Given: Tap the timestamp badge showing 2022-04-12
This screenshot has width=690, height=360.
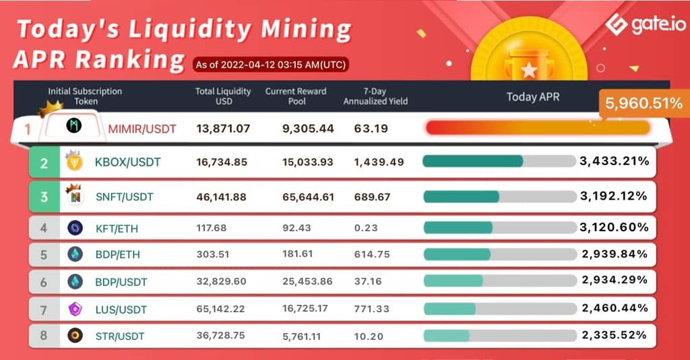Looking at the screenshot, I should pyautogui.click(x=271, y=65).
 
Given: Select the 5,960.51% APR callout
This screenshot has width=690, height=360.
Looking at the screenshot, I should pyautogui.click(x=643, y=103).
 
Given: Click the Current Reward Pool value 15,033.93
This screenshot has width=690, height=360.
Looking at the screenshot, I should pyautogui.click(x=307, y=162).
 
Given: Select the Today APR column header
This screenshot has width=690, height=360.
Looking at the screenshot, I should pyautogui.click(x=532, y=97).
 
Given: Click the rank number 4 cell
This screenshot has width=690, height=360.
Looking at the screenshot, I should pyautogui.click(x=44, y=228).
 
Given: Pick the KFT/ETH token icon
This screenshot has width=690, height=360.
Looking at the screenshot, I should pyautogui.click(x=75, y=228).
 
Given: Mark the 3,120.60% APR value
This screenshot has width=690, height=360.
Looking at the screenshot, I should pyautogui.click(x=614, y=228).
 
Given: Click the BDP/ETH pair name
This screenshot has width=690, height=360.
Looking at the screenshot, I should pyautogui.click(x=118, y=255).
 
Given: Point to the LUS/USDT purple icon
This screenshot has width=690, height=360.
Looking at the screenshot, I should pyautogui.click(x=75, y=309).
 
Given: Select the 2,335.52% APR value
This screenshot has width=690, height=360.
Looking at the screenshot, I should pyautogui.click(x=614, y=335).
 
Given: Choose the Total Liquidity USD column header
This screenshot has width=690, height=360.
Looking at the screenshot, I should pyautogui.click(x=223, y=96).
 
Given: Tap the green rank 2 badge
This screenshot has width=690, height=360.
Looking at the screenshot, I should pyautogui.click(x=44, y=162).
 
